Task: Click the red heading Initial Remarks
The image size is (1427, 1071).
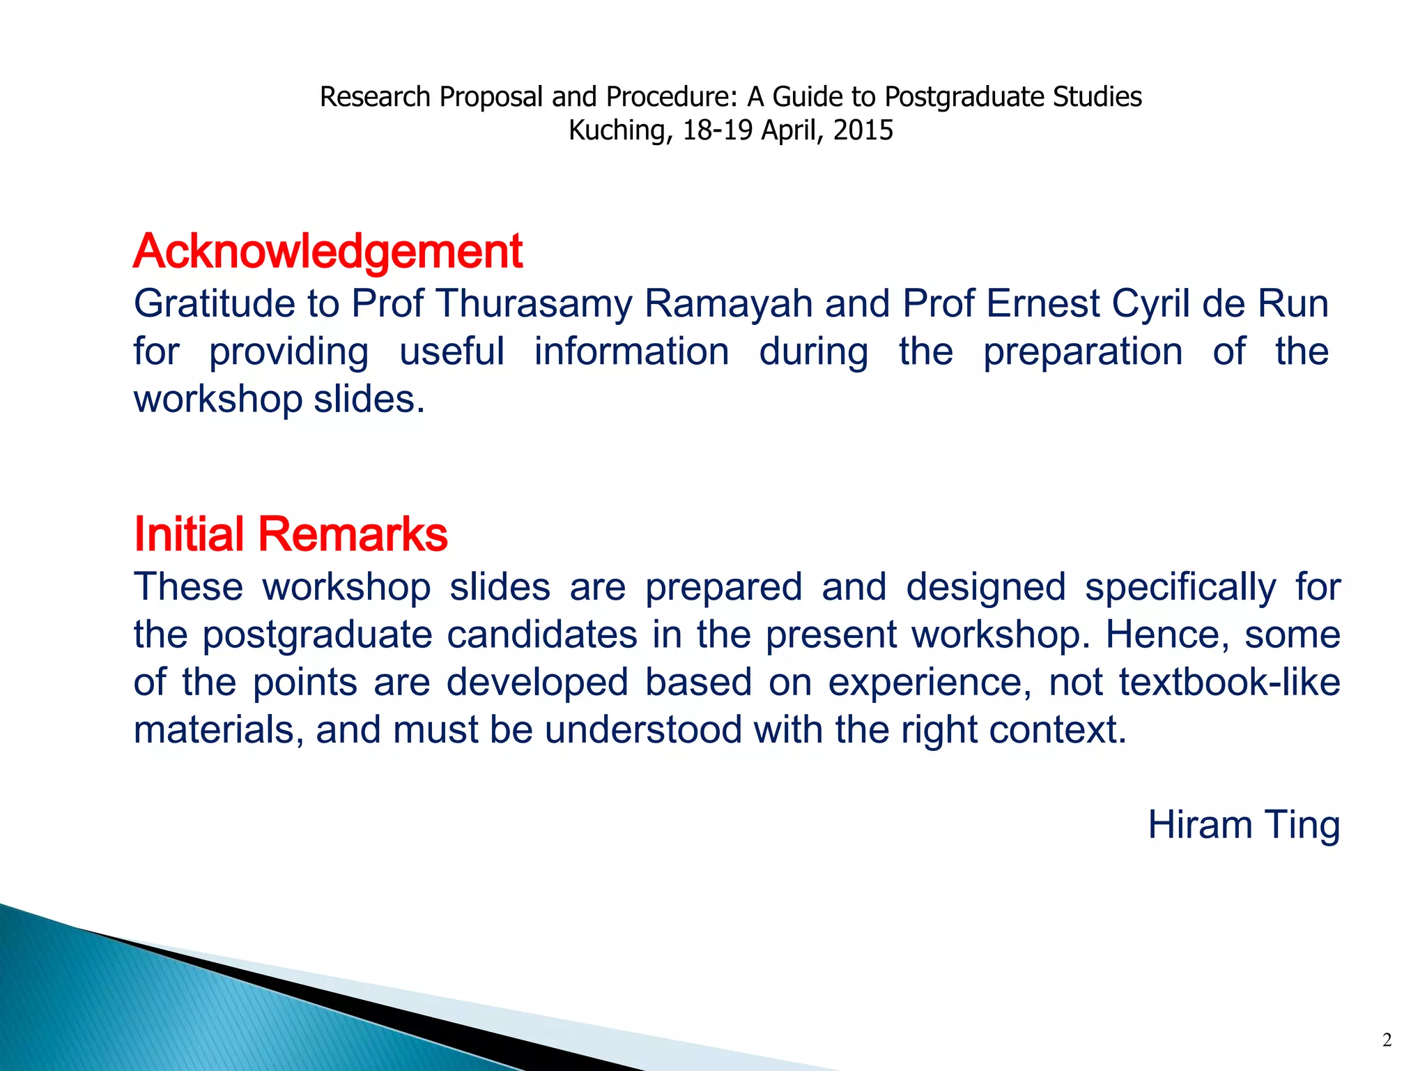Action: tap(291, 534)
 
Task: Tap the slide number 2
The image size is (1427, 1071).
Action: tap(1387, 1040)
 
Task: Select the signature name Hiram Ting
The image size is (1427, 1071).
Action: tap(1244, 825)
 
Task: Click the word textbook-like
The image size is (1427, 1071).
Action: tap(1230, 682)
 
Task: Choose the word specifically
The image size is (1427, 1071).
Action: tap(1180, 588)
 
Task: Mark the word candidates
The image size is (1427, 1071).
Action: tap(542, 635)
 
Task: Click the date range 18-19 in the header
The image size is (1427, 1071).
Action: tap(718, 130)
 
